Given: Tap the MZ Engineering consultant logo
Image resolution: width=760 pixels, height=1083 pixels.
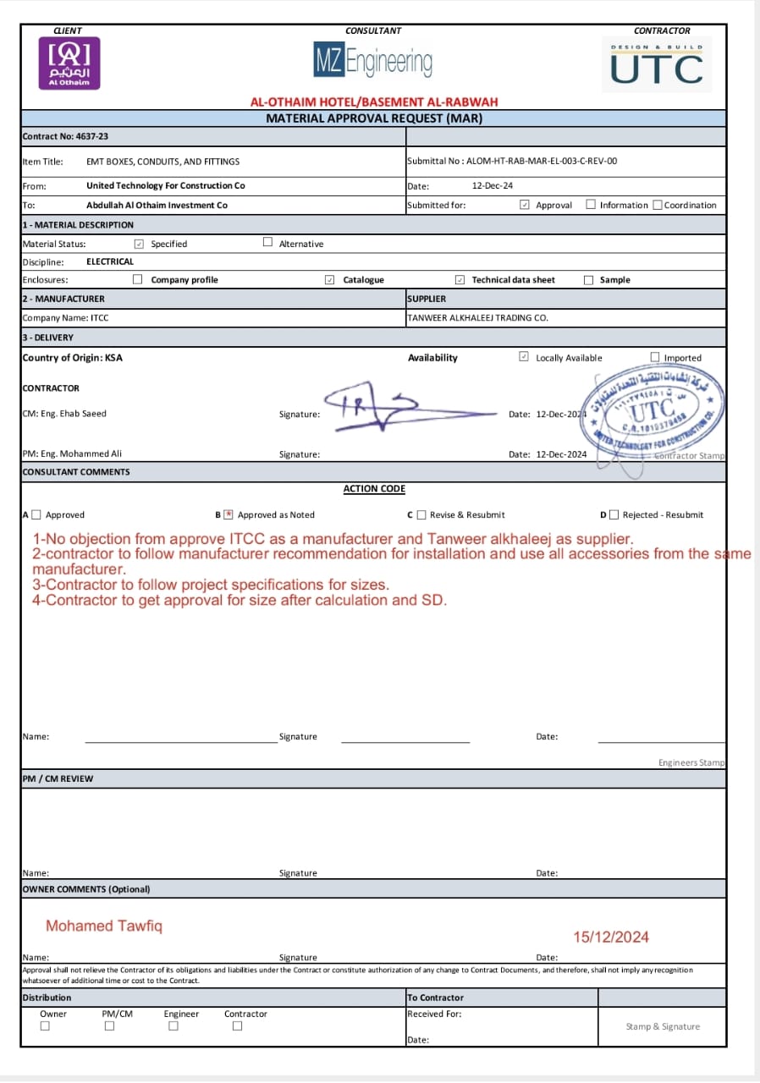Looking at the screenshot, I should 373,62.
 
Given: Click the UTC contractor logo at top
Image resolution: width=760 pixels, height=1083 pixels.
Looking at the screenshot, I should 657,65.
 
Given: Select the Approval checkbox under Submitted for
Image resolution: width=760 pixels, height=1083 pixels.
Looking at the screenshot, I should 525,205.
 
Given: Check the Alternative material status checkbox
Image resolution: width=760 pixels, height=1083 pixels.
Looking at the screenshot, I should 267,243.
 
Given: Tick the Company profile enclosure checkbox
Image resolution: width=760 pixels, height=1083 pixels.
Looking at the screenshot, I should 137,279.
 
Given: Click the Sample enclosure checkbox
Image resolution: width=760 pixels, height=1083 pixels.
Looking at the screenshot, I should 588,280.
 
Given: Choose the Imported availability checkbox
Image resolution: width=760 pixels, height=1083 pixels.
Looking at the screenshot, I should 654,357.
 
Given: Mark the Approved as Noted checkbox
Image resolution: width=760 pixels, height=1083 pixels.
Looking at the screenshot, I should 228,514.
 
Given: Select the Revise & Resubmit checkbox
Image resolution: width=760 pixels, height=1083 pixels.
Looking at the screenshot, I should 421,514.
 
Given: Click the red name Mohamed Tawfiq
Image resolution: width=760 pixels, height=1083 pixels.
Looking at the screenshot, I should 103,926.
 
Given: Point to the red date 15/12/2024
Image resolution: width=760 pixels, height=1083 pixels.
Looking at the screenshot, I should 611,937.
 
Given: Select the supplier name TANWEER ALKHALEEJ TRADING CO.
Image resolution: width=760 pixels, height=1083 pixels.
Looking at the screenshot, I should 477,318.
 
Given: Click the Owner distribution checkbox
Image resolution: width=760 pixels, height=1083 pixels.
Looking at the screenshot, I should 45,1026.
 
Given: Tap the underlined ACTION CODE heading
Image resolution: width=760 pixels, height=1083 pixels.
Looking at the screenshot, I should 374,489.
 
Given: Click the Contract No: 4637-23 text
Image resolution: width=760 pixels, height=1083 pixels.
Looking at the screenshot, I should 65,136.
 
